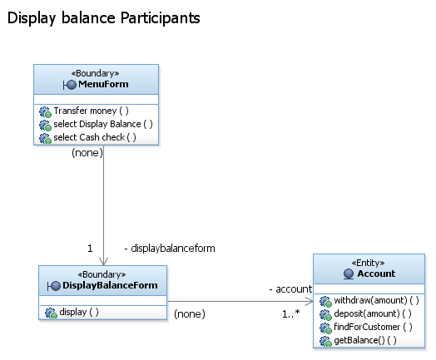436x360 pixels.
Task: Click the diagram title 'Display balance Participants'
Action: pyautogui.click(x=104, y=18)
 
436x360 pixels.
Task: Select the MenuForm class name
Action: pyautogui.click(x=103, y=84)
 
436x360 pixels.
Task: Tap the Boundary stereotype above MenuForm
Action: pyautogui.click(x=96, y=73)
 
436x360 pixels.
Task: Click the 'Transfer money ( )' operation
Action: pyautogui.click(x=91, y=111)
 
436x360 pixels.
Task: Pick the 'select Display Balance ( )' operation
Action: pyautogui.click(x=103, y=124)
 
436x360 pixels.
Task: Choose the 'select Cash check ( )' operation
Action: pyautogui.click(x=95, y=137)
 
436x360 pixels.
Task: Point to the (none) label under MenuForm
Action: pyautogui.click(x=87, y=152)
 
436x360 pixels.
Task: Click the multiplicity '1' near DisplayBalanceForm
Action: pyautogui.click(x=90, y=248)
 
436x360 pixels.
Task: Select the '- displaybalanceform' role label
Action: pyautogui.click(x=170, y=249)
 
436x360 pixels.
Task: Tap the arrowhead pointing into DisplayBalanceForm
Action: pyautogui.click(x=103, y=261)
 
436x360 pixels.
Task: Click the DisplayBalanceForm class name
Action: pyautogui.click(x=110, y=285)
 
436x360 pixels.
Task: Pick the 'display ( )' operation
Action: pyautogui.click(x=79, y=312)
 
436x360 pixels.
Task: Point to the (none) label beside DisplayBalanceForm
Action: pyautogui.click(x=190, y=314)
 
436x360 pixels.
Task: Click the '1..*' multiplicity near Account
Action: pyautogui.click(x=291, y=314)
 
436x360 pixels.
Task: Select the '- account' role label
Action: pyautogui.click(x=290, y=289)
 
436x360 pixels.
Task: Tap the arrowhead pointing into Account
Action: pyautogui.click(x=310, y=301)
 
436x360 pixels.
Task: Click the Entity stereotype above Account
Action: pyautogui.click(x=368, y=263)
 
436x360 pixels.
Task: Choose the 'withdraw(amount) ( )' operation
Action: pyautogui.click(x=376, y=300)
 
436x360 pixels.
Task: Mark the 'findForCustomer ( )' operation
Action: pyautogui.click(x=373, y=327)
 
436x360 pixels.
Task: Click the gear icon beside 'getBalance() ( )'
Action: pyautogui.click(x=325, y=341)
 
